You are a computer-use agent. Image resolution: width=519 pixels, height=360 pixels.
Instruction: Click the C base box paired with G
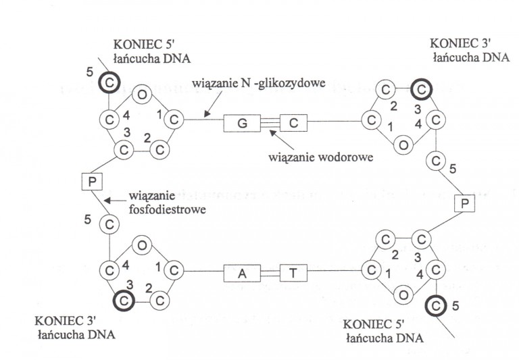[x=293, y=124]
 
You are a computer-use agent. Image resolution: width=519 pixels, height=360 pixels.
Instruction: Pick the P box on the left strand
[x=90, y=182]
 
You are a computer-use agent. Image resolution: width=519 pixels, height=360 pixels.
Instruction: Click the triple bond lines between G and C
[x=266, y=124]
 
